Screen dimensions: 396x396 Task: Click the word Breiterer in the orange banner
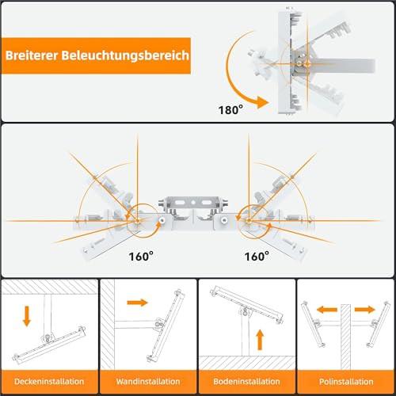coord(32,55)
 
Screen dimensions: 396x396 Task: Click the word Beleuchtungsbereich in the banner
coord(125,55)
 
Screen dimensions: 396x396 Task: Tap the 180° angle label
coord(230,109)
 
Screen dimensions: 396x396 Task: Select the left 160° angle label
coord(141,256)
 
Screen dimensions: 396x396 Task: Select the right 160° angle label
coord(257,256)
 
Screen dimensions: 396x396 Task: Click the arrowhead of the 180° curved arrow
coord(263,102)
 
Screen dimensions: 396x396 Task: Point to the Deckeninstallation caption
coord(49,382)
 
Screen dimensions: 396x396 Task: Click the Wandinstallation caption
coord(148,382)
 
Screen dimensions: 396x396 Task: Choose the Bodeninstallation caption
coord(246,382)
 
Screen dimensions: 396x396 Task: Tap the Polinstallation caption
coord(346,382)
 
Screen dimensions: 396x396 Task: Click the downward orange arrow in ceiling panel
coord(27,316)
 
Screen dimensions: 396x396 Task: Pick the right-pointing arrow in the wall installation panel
coord(137,303)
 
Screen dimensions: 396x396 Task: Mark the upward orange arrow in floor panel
coord(260,340)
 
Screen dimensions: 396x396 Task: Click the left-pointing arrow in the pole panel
coord(327,310)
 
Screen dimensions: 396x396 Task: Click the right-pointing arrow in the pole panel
coord(365,310)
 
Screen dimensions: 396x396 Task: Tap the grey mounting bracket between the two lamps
coord(193,205)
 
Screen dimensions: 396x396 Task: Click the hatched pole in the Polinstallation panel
coord(345,337)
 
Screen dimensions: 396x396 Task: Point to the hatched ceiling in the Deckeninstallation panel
coord(50,287)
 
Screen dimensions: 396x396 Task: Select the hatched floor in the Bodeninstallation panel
coord(247,363)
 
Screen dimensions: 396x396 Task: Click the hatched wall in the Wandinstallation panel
coord(108,325)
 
